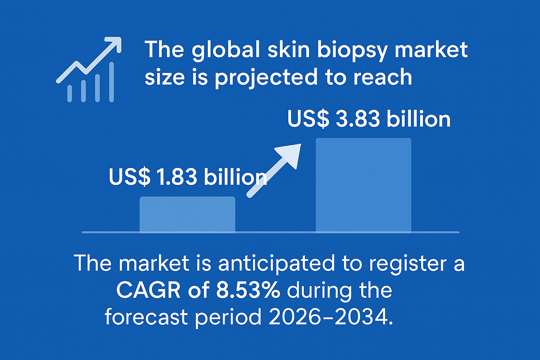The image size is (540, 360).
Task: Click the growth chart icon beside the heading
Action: click(x=89, y=70)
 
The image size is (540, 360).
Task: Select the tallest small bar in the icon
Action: click(x=111, y=82)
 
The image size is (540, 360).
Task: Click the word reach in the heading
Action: click(x=382, y=77)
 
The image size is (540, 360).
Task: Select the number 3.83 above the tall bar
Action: click(x=358, y=119)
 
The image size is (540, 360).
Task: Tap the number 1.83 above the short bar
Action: click(x=177, y=177)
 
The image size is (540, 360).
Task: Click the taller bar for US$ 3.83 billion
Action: click(x=363, y=185)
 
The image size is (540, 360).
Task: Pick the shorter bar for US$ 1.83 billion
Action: click(x=187, y=214)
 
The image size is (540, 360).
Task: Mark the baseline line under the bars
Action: click(x=270, y=232)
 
